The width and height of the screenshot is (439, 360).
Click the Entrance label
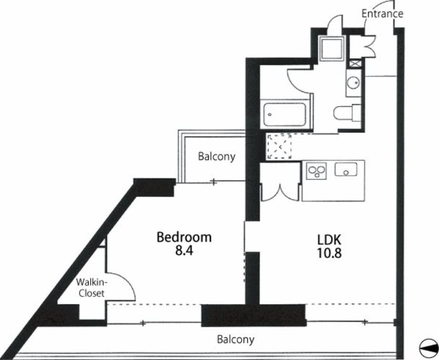[382, 13]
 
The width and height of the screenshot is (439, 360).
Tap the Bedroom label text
[184, 237]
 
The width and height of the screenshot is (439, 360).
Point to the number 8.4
[184, 251]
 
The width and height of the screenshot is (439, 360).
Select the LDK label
[329, 240]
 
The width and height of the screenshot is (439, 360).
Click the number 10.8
[329, 253]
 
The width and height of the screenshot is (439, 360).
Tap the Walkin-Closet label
[91, 287]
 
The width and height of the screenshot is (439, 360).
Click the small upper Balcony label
[217, 157]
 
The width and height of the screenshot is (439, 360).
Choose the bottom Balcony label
[236, 340]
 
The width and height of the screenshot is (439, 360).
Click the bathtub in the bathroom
[285, 115]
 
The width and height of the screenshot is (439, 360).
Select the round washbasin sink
[353, 83]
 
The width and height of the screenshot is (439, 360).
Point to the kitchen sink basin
[346, 169]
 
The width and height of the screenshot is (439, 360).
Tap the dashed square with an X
[279, 146]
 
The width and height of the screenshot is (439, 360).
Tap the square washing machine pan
[332, 48]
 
